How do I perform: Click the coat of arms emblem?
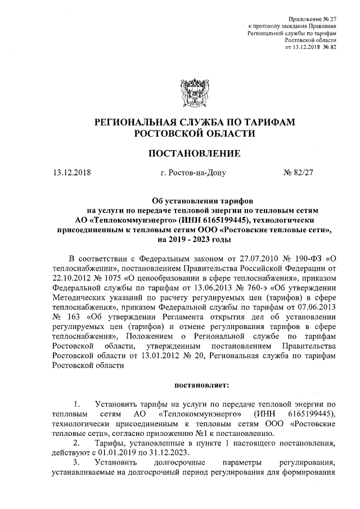(194, 92)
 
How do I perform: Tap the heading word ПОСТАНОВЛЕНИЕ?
(194, 153)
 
